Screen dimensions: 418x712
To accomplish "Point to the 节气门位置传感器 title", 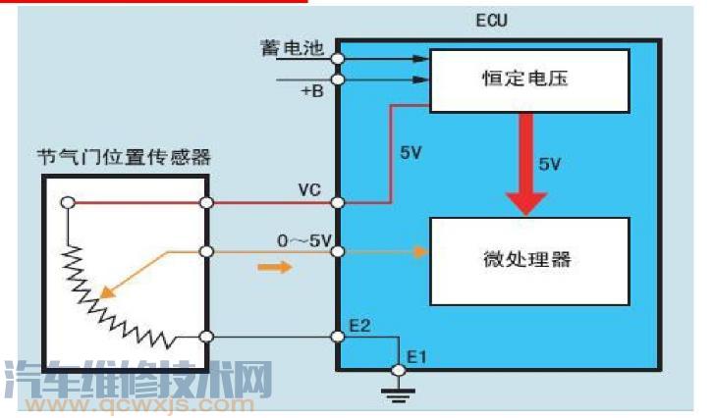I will (x=124, y=157).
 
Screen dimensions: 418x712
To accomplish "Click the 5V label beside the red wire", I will (x=411, y=153).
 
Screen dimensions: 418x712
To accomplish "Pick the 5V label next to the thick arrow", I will (x=549, y=164).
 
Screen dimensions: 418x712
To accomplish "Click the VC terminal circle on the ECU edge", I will (x=337, y=203).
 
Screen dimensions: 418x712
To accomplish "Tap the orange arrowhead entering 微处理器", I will (x=423, y=252).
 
